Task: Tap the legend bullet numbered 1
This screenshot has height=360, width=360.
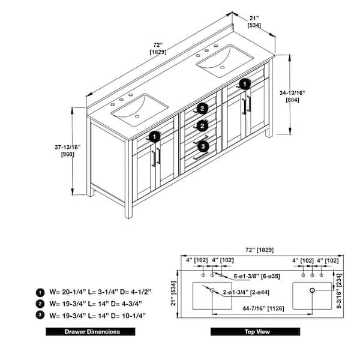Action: coord(40,292)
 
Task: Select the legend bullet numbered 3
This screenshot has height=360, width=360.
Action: coord(40,315)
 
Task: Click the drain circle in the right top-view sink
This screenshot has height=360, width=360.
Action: coord(312,290)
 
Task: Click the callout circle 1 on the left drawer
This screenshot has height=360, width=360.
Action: coord(154,136)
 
